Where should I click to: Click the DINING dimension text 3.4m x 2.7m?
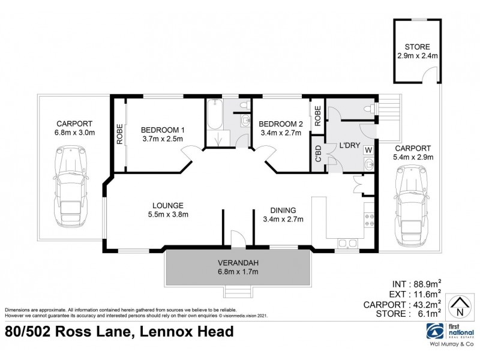tap(283, 219)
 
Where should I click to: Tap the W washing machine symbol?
tap(368, 150)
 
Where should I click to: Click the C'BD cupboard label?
tap(317, 154)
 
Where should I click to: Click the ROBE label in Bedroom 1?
tap(119, 135)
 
